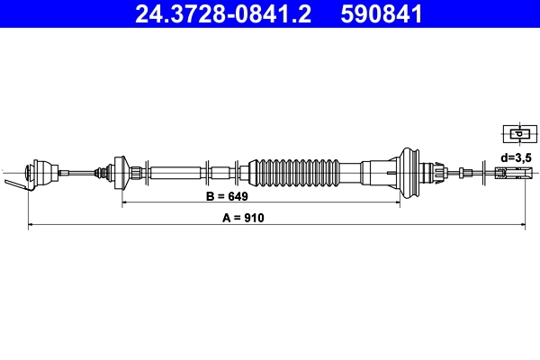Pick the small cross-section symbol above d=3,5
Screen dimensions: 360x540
(517, 134)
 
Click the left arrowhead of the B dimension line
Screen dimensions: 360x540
(125, 203)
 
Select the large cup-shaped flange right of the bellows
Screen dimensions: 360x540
(409, 170)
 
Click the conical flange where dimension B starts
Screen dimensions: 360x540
(119, 170)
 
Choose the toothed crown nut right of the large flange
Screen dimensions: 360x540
(438, 170)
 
